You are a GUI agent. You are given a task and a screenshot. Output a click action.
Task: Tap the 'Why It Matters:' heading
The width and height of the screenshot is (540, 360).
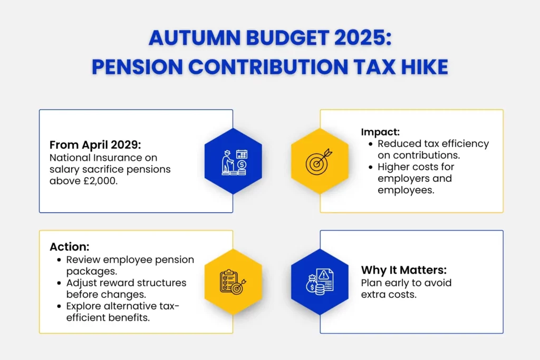coord(404,270)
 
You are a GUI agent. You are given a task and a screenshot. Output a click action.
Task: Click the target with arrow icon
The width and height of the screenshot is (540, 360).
coord(320,162)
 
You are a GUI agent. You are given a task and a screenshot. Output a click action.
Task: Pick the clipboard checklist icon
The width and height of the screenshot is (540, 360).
coord(233,282)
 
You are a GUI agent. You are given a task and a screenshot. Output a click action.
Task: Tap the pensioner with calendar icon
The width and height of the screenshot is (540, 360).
coord(233,162)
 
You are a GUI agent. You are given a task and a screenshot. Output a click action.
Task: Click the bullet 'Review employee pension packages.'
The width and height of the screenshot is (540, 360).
coord(130,265)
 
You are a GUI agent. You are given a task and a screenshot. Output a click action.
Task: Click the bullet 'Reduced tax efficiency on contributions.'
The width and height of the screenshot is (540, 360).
coord(433,149)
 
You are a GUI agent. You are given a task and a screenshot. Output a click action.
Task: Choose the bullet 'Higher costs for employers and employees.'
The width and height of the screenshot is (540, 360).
coord(416,178)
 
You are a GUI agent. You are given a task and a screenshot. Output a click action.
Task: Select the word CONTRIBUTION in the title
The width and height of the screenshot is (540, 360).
coord(278,67)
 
